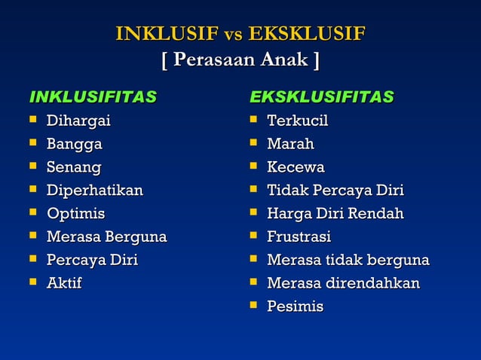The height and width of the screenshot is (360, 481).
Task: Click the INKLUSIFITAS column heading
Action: [93, 97]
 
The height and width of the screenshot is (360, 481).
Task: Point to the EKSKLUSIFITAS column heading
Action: [322, 97]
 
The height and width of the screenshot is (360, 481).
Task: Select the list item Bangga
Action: [75, 144]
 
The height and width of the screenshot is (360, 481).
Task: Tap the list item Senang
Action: [74, 167]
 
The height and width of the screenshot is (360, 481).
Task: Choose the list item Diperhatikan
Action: [95, 191]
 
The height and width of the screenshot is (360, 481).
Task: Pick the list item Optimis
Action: [76, 214]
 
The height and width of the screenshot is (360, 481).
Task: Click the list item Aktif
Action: [64, 283]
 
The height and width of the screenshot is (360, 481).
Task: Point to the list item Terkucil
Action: [298, 121]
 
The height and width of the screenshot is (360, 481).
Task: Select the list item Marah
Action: [291, 144]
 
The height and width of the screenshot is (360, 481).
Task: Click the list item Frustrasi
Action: [299, 237]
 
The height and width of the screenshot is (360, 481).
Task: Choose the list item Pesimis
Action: [296, 307]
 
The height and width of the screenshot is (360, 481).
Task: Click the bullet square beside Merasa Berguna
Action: [32, 236]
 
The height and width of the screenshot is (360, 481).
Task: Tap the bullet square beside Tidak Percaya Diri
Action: [253, 190]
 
